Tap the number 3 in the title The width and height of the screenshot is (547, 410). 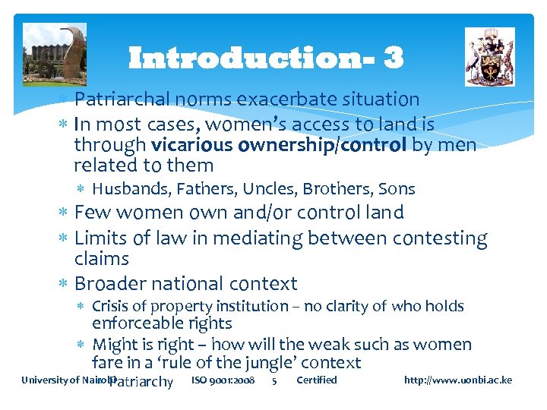point(394,58)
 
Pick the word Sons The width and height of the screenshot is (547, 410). point(397,189)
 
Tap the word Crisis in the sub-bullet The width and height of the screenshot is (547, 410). point(112,307)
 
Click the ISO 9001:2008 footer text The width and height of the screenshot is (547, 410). point(223,380)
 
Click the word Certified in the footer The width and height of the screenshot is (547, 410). point(317,380)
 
